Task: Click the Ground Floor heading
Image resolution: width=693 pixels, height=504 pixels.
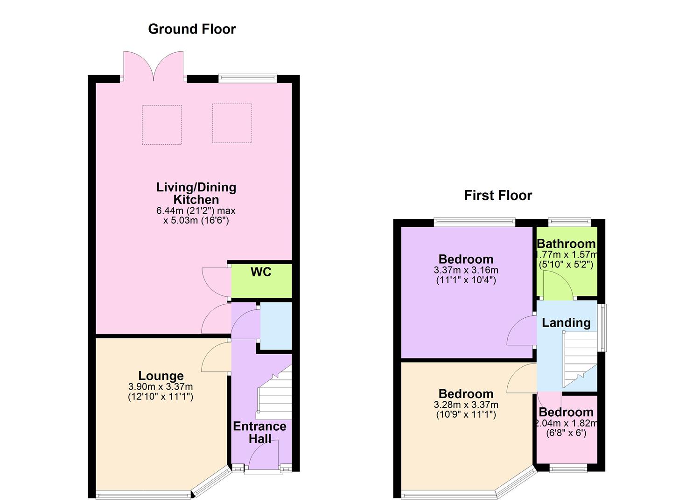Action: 192,29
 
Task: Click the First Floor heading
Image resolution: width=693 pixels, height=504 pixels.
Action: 498,195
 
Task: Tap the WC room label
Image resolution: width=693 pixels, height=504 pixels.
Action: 261,272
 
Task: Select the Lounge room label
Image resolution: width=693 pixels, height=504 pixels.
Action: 161,376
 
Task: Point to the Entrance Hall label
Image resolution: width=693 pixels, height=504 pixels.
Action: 260,432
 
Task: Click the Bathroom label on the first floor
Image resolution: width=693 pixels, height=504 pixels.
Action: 566,244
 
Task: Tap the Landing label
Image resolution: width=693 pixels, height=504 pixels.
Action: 566,322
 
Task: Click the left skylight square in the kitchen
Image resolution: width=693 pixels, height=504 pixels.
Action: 161,125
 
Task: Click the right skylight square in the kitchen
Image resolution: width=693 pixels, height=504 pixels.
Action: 232,123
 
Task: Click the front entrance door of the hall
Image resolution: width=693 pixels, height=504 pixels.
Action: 264,455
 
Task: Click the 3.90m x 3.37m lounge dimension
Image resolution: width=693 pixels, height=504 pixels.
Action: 161,387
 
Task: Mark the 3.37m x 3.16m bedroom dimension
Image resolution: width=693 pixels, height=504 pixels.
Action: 466,270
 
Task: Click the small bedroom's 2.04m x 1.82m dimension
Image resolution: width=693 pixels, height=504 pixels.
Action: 566,423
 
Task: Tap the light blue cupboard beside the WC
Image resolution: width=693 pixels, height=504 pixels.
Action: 275,325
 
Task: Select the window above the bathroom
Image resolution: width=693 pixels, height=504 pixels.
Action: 569,223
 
